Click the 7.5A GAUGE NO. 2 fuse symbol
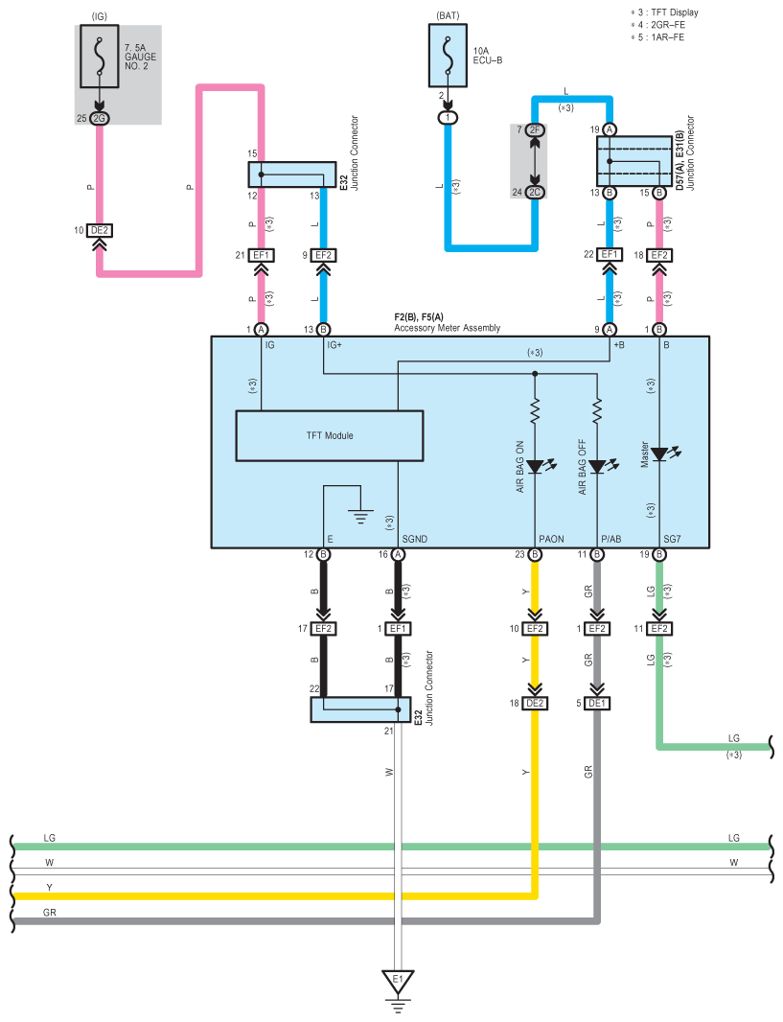pos(99,56)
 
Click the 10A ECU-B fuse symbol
pos(448,56)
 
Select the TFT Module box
pos(330,436)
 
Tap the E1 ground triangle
pos(398,980)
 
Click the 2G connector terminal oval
pos(99,118)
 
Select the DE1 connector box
pos(597,704)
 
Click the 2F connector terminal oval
pos(535,129)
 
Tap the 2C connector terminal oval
pos(535,193)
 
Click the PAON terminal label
pos(551,539)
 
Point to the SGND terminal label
pos(415,539)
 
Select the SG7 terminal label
pos(672,539)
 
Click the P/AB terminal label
pos(611,539)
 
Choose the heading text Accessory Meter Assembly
pos(447,328)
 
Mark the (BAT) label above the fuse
pos(448,15)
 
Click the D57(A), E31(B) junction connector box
pos(633,161)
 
